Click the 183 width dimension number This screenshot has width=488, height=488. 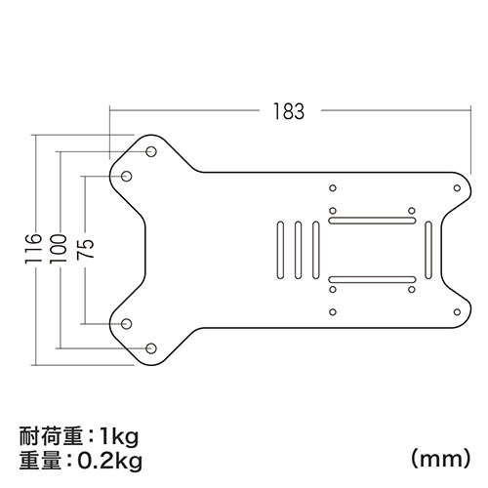coord(289,111)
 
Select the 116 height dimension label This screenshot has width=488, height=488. coord(34,249)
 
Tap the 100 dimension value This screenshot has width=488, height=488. coord(59,249)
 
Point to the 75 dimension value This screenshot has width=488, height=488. coord(84,249)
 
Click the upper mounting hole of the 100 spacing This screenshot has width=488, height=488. coord(151,151)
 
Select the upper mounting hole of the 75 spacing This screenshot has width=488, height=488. coord(127,176)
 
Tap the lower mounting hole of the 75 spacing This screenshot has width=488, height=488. coord(127,323)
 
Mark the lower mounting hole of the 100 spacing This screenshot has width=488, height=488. coord(151,347)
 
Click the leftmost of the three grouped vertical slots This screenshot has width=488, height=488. coord(281,250)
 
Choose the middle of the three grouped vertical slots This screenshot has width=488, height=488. coord(299,250)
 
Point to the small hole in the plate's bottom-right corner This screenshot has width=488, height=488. coord(456,312)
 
